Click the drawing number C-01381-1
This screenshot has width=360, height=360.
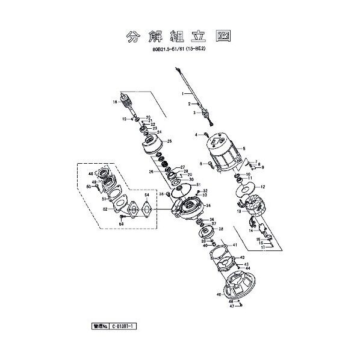(x=123, y=326)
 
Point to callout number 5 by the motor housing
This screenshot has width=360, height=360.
(x=244, y=149)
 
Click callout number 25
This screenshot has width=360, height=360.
(x=170, y=141)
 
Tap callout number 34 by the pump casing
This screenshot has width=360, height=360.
(x=208, y=205)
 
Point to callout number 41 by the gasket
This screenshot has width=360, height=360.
(x=235, y=245)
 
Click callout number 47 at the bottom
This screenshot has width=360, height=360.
(x=231, y=306)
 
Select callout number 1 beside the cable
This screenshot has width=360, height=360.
(x=182, y=93)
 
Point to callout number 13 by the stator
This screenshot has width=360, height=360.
(x=238, y=211)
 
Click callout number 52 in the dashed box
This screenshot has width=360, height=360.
(x=105, y=209)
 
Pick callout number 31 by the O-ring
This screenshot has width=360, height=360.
(x=199, y=184)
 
